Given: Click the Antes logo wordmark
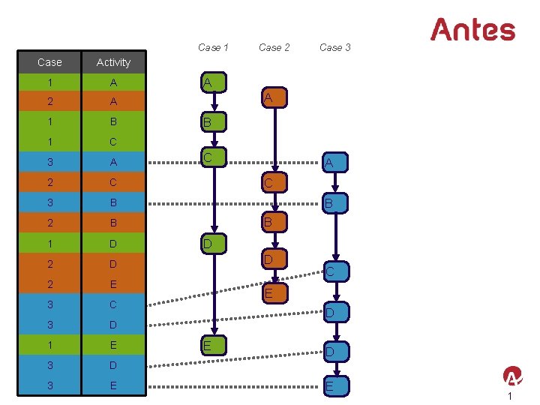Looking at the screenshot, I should (472, 30).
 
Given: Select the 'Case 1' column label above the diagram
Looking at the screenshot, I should (213, 47).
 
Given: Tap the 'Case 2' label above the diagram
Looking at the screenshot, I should (274, 47).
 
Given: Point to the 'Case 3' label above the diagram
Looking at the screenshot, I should (334, 47).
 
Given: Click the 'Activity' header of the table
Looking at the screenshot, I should (113, 62).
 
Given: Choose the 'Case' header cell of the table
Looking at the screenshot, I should (49, 62).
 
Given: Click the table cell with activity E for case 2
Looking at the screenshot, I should (113, 284).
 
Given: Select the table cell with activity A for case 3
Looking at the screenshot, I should (113, 163).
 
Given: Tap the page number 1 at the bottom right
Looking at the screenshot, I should (509, 397).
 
